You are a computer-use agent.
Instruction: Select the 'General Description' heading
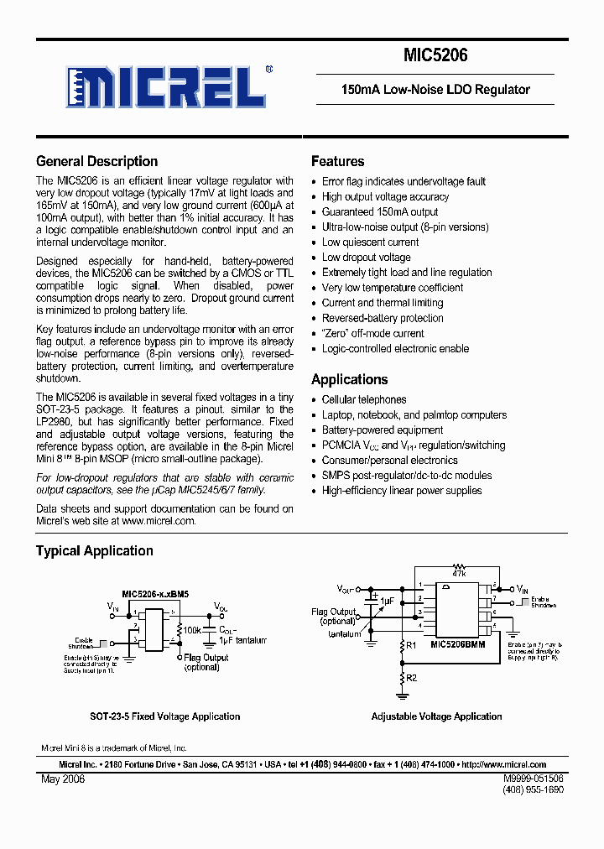coord(96,162)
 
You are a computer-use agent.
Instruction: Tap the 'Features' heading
coord(337,162)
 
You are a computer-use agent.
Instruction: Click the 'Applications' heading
coord(349,379)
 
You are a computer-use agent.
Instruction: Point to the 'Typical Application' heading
coord(94,551)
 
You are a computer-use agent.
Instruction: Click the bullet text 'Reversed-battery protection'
coord(383,318)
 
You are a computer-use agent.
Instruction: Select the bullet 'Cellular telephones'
coord(364,400)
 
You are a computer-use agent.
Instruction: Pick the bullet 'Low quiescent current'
coord(370,242)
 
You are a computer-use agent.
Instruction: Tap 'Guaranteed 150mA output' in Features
coord(380,212)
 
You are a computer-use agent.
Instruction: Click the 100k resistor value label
coord(192,628)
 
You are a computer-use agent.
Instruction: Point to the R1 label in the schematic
coord(411,645)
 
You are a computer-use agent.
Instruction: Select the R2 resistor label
coord(411,676)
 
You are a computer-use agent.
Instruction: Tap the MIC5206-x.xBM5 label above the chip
coord(155,593)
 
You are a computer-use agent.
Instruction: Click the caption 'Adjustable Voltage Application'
coord(436,716)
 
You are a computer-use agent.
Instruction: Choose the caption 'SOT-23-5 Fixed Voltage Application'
coord(165,716)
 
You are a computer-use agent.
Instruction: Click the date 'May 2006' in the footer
coord(63,779)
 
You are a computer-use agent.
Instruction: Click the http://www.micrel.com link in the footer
coord(503,765)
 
